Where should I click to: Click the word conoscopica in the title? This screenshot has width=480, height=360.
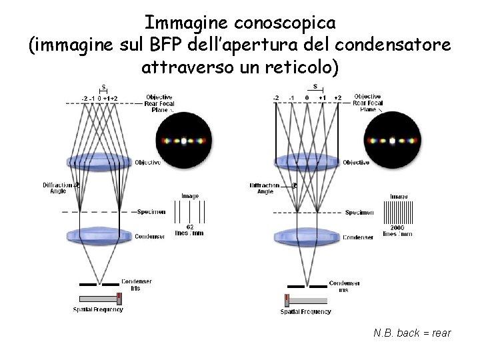[x=285, y=22]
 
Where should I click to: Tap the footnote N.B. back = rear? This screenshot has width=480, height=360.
[x=412, y=332]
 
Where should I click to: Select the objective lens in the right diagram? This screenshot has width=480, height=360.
[x=307, y=162]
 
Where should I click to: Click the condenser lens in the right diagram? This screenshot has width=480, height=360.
[x=307, y=235]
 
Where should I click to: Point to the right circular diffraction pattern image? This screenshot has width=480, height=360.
[x=393, y=141]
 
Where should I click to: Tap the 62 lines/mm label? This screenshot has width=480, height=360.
[x=190, y=231]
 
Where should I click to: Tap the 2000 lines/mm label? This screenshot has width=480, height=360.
[x=397, y=231]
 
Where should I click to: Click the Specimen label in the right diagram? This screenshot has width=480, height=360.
[x=359, y=213]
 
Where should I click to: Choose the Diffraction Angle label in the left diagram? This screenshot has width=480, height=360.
[x=56, y=188]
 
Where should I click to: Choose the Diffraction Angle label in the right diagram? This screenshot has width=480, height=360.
[x=265, y=188]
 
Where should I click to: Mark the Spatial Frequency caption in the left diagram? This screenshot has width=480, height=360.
[x=98, y=309]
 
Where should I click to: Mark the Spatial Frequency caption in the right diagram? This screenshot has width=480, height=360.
[x=306, y=311]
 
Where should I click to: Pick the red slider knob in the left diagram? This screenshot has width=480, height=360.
[x=119, y=298]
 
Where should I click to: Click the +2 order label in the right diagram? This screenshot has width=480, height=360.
[x=338, y=98]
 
